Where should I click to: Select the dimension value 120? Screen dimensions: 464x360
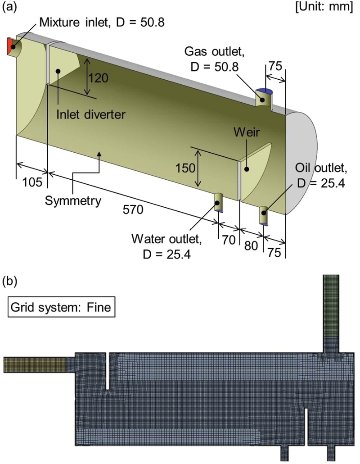(x=98, y=78)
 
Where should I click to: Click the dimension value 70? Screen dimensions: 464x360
(x=229, y=240)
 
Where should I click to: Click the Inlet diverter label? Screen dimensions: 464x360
(x=90, y=114)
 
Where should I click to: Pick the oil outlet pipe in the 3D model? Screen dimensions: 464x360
(x=264, y=215)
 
